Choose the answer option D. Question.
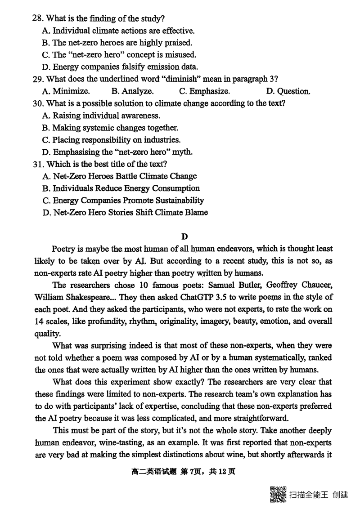[288, 91]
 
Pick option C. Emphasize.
[204, 91]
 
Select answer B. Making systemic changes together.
[110, 128]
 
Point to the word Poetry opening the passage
[66, 249]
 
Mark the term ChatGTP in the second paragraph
[199, 297]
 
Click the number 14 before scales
[39, 321]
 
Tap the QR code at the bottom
[278, 494]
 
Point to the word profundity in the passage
[107, 321]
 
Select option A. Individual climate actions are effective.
[118, 31]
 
